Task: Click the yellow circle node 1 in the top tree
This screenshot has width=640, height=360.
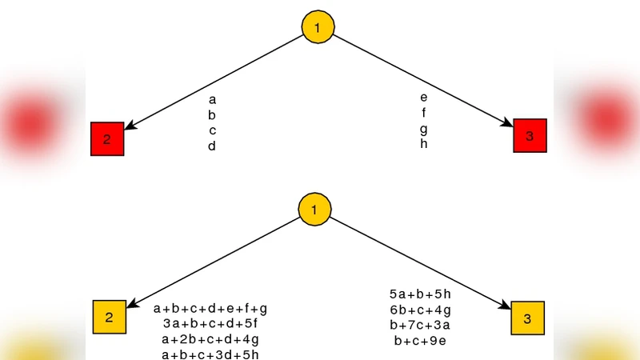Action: pyautogui.click(x=318, y=28)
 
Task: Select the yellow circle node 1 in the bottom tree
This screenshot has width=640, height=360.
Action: pyautogui.click(x=314, y=210)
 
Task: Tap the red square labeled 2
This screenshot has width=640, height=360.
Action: pyautogui.click(x=107, y=139)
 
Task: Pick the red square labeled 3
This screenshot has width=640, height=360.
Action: pyautogui.click(x=529, y=136)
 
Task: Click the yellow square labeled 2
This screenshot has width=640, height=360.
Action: pyautogui.click(x=110, y=317)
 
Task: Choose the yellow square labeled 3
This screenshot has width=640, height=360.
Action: pyautogui.click(x=527, y=318)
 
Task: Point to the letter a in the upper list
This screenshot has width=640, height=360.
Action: pyautogui.click(x=212, y=100)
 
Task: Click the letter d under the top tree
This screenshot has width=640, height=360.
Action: pyautogui.click(x=212, y=146)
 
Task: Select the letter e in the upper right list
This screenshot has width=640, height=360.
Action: pyautogui.click(x=423, y=98)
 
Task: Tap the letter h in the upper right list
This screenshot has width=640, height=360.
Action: pyautogui.click(x=423, y=144)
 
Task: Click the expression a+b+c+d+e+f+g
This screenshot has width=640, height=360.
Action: pyautogui.click(x=210, y=308)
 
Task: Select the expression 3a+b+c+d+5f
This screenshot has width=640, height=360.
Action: pyautogui.click(x=210, y=323)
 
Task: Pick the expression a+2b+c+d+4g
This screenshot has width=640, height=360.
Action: pyautogui.click(x=210, y=339)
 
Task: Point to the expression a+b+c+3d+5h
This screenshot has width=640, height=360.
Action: pyautogui.click(x=210, y=354)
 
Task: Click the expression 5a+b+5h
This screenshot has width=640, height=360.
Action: pyautogui.click(x=420, y=294)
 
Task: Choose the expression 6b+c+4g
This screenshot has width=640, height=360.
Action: pyautogui.click(x=420, y=310)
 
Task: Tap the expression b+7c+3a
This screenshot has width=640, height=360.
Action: pyautogui.click(x=420, y=325)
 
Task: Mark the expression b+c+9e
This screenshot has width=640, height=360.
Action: pyautogui.click(x=420, y=341)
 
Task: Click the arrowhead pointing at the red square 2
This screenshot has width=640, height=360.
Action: pyautogui.click(x=130, y=126)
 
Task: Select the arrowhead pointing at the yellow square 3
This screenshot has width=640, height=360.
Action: pyautogui.click(x=506, y=306)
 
